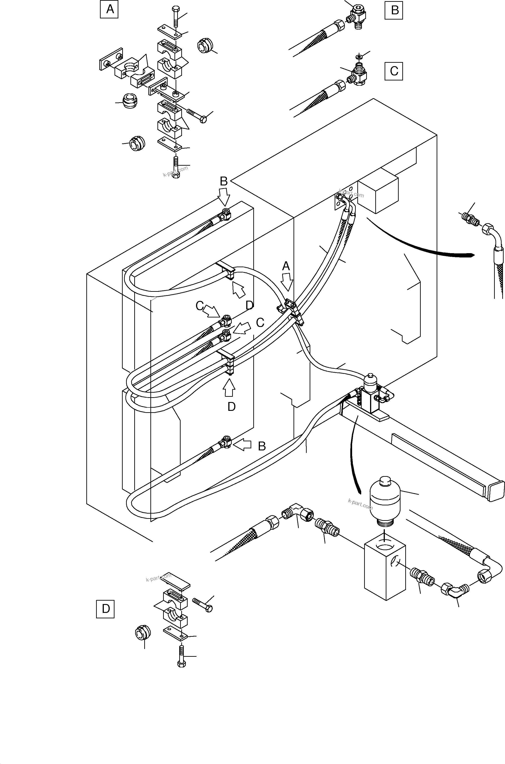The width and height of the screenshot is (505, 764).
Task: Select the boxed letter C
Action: click(x=393, y=71)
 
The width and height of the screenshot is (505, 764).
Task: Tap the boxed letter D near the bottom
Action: click(x=105, y=609)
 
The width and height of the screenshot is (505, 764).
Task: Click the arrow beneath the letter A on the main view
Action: click(x=286, y=282)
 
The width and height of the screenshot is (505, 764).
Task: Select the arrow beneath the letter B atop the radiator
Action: click(x=224, y=197)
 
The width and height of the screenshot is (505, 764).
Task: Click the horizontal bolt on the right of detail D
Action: click(x=203, y=604)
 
